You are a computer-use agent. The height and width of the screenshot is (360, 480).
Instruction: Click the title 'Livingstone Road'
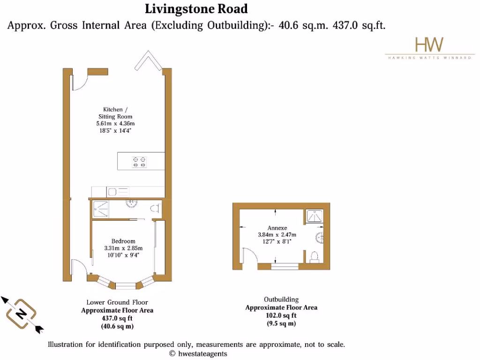coord(196,8)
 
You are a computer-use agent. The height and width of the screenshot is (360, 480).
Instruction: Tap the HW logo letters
coord(429,45)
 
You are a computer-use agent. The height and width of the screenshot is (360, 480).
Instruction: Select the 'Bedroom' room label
coord(123,241)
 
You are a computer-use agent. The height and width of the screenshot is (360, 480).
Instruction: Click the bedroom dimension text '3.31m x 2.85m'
coord(123,248)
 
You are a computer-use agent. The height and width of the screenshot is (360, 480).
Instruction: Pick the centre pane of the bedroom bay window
coord(125,284)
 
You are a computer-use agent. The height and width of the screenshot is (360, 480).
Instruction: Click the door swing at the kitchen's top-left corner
coord(79,81)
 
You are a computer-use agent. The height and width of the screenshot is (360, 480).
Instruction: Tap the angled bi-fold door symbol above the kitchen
coord(148,60)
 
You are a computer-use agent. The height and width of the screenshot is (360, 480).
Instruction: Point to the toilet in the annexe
coord(315,256)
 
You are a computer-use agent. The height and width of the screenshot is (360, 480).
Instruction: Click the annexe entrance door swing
coord(249,258)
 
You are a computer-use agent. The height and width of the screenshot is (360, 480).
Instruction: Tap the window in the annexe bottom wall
coord(285,267)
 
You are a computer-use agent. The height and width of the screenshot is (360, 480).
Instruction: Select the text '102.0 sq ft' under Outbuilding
coord(281,315)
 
